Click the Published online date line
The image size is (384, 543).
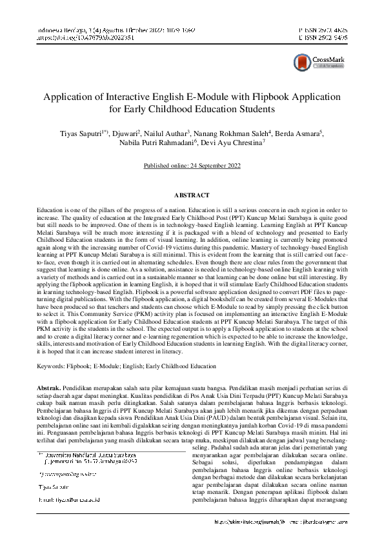tap(192, 166)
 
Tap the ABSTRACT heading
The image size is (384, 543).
tap(192, 195)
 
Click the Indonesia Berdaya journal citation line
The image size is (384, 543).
tap(100, 30)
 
